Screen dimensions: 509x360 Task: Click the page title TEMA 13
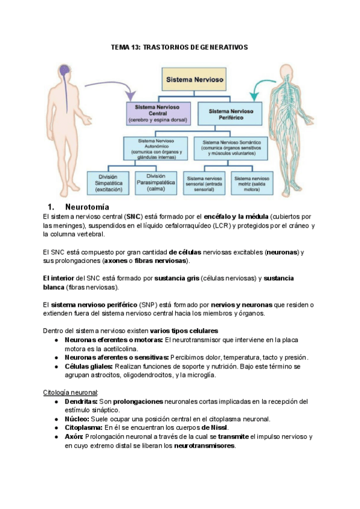pyautogui.click(x=179, y=47)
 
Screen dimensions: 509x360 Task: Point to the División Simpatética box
pyautogui.click(x=108, y=183)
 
